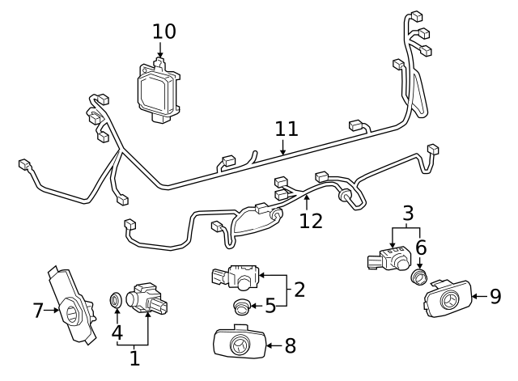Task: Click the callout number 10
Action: point(163,32)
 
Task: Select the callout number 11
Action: point(287,129)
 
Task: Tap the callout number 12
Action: point(311,220)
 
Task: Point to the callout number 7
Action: point(37,310)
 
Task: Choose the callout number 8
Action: point(290,346)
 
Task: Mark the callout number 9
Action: point(495,296)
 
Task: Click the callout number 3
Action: point(409,214)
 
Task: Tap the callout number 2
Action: point(299,289)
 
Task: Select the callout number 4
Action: point(117,332)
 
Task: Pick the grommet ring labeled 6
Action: point(419,277)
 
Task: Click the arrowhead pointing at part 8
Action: point(266,346)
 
